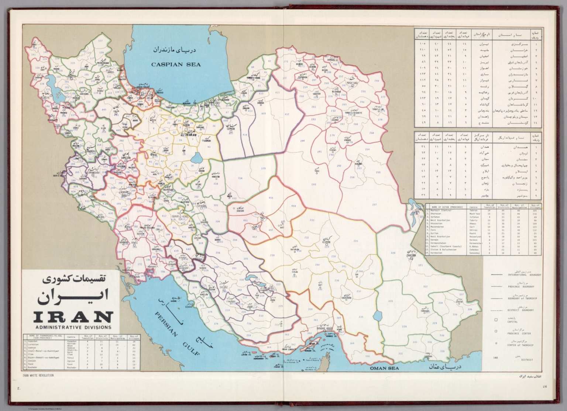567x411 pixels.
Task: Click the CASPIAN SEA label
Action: pyautogui.click(x=175, y=64)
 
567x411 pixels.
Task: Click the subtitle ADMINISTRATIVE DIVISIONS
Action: pyautogui.click(x=72, y=327)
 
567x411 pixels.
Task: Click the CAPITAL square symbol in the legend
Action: pyautogui.click(x=496, y=320)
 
